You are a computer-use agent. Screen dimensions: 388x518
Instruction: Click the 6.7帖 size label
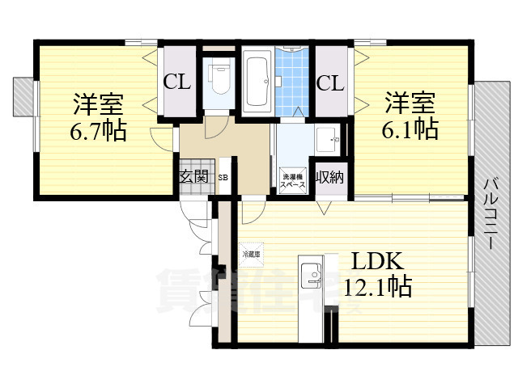97,131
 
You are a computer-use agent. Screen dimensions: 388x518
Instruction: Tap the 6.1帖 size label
411,129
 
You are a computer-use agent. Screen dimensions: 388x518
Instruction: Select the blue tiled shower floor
295,81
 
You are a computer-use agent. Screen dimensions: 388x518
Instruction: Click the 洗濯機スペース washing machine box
292,180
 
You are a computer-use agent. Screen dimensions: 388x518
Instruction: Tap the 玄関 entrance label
193,176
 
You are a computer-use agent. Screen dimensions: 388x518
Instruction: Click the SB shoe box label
223,177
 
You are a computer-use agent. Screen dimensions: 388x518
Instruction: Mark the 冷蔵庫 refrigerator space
249,253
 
